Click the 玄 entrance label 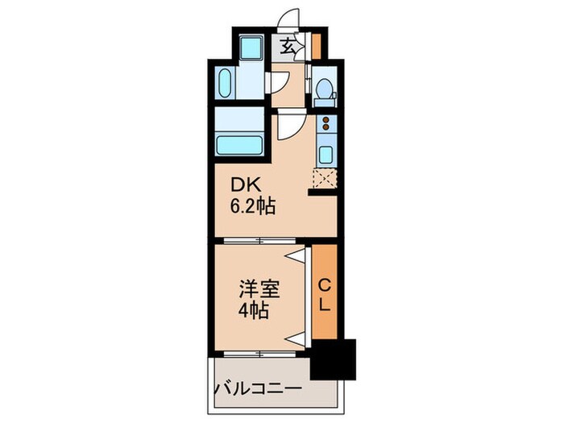point(288,46)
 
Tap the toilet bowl point(325,90)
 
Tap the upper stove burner point(326,122)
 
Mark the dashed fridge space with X point(326,179)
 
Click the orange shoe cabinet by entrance point(316,43)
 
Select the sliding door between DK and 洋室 point(259,241)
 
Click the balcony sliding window point(259,353)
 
